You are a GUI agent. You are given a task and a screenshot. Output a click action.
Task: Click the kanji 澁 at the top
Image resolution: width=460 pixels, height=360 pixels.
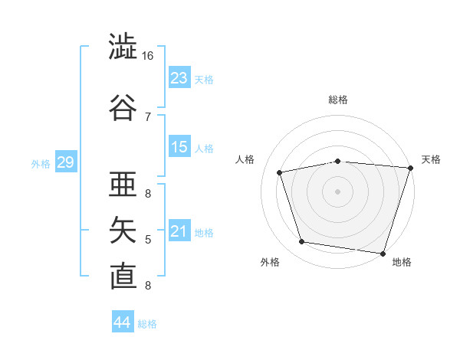point(123,46)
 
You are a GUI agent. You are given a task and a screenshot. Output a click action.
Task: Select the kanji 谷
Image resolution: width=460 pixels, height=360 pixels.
point(123,107)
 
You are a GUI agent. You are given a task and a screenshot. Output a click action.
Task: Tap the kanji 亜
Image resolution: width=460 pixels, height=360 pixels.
point(123,184)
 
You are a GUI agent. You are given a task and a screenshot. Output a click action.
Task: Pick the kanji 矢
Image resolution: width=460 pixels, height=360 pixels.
point(123,230)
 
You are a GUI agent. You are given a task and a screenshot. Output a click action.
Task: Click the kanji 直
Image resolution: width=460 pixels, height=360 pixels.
point(123,277)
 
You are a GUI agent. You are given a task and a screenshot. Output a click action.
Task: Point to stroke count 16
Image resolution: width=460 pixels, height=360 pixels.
point(147,56)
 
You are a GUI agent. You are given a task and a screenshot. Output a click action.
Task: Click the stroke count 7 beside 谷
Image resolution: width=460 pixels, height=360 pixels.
point(148,117)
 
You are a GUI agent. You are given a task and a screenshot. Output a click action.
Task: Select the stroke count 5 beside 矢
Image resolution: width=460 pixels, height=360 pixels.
point(148,240)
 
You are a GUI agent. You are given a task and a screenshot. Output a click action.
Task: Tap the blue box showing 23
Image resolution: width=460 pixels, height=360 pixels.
point(179,77)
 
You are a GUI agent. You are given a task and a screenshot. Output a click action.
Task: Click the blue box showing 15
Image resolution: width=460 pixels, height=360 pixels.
point(179,146)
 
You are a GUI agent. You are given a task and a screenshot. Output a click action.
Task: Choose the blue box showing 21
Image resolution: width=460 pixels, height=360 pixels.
point(179,230)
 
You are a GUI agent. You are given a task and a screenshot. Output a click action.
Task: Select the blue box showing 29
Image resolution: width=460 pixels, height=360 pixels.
point(66,162)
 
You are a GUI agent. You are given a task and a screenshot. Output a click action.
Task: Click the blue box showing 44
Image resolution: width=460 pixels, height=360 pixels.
point(123,321)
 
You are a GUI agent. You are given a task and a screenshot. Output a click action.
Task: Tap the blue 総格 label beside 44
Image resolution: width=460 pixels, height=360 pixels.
point(147,324)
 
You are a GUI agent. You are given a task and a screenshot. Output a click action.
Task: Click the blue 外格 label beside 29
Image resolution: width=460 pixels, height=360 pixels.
point(41,164)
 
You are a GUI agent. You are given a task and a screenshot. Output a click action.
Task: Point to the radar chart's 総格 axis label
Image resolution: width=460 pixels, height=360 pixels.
point(338,100)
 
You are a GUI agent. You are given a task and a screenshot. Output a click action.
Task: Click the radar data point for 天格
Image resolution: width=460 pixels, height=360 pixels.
point(411,168)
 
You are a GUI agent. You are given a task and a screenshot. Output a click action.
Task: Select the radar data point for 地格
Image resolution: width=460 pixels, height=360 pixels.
point(383,254)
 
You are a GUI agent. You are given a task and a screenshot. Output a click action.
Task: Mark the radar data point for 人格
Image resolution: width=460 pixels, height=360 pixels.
point(279,172)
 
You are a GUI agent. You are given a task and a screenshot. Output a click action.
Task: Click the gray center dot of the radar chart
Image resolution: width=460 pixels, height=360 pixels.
point(337,191)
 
